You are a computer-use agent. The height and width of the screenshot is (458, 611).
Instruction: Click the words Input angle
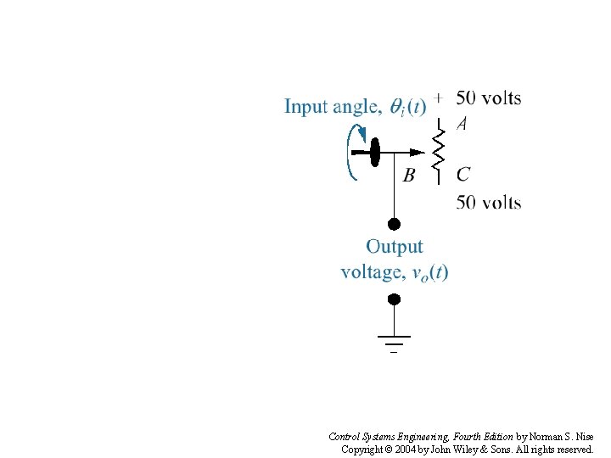tap(332, 107)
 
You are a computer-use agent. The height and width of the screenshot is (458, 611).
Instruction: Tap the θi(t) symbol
tap(407, 107)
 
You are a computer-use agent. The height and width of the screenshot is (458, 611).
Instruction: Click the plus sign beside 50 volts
tap(438, 98)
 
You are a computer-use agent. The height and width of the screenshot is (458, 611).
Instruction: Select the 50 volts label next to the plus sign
tap(489, 98)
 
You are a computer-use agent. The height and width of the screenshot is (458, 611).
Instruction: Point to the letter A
tap(462, 124)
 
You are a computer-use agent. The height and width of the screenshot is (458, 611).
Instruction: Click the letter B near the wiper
tap(409, 176)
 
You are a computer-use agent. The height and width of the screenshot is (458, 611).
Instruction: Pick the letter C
tap(463, 175)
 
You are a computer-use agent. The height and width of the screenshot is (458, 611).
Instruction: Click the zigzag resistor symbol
tap(439, 151)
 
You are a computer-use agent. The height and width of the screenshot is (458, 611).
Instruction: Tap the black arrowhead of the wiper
tap(416, 153)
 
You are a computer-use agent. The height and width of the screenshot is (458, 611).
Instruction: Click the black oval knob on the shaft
tap(373, 153)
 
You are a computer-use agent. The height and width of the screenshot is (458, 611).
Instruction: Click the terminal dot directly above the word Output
tap(394, 225)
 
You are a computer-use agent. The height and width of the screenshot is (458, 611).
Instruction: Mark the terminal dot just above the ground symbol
tap(394, 299)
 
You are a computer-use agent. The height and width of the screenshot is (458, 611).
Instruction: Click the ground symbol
tap(394, 342)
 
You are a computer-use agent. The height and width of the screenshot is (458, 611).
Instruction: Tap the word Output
tap(395, 247)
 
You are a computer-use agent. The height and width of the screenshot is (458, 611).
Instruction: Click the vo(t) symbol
tap(429, 272)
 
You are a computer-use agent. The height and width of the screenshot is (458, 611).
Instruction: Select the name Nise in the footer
tap(585, 437)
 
